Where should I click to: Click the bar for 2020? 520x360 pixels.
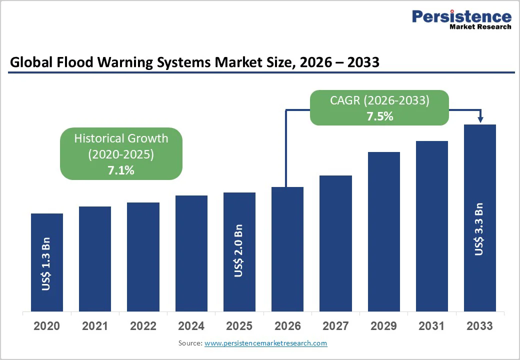pos(47,262)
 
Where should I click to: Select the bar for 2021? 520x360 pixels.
pos(95,259)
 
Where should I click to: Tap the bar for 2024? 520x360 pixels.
pos(191,253)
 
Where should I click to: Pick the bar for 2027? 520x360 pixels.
pos(335,243)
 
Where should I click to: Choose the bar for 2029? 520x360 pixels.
pos(384,231)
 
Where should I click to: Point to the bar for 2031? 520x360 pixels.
pos(432,226)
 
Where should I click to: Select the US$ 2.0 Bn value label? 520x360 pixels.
pos(239,250)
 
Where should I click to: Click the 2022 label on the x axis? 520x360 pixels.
pos(143,326)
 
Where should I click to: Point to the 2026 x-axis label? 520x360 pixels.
pos(287,326)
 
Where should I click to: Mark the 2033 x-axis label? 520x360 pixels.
pos(479,326)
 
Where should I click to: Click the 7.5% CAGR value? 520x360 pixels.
pos(379,116)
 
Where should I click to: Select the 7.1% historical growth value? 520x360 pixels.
pos(121,170)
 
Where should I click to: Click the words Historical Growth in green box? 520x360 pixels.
pos(121,138)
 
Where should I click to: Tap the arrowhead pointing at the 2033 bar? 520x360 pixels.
pos(480,119)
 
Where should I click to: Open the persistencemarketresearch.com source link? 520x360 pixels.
pos(265,343)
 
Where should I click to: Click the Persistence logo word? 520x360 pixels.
pos(461,16)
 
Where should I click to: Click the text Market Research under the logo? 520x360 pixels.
pos(480,26)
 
